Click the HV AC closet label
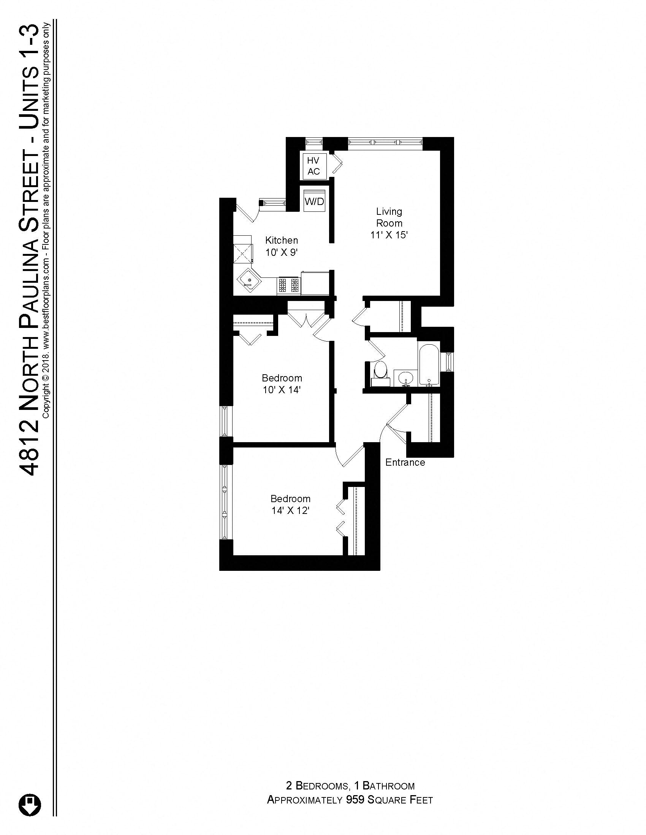pos(314,166)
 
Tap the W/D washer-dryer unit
pos(315,201)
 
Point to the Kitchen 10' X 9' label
pos(282,246)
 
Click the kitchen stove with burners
pos(288,285)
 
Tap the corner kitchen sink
pos(249,281)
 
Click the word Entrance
pos(405,463)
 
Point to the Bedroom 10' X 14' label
pos(282,384)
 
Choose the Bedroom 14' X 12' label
pos(290,504)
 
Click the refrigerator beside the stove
pos(315,283)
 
